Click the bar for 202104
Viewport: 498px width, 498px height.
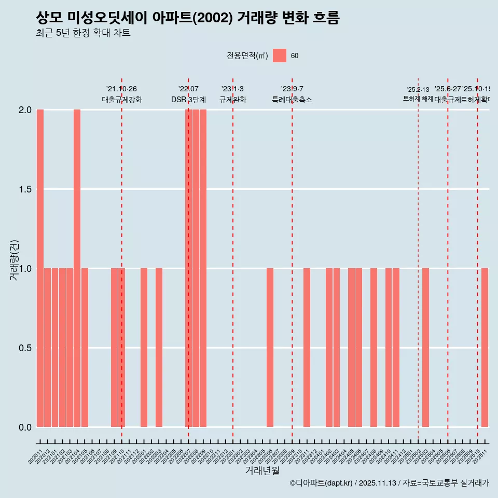(77, 268)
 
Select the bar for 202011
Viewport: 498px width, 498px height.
(40, 268)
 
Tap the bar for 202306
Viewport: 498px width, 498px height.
(270, 348)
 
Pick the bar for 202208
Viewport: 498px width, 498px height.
(196, 268)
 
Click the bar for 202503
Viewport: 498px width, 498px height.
(425, 348)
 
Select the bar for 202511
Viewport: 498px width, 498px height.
(485, 348)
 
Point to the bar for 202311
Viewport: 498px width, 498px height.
(307, 348)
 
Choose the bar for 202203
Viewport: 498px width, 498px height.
(159, 348)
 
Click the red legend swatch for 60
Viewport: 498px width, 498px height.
(280, 56)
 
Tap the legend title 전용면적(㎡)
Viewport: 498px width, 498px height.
(247, 56)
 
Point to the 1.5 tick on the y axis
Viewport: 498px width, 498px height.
(25, 189)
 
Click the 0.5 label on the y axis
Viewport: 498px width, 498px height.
(25, 348)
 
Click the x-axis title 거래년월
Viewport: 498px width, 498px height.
(262, 471)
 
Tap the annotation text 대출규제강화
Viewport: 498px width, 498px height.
(121, 100)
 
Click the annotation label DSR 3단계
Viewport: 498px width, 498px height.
(188, 100)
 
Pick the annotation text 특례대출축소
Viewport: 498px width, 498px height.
(292, 100)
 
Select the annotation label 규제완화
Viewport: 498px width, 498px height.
(232, 100)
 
